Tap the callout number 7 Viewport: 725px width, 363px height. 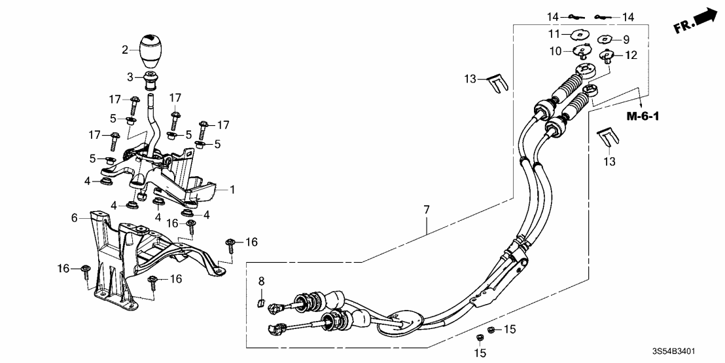tap(426, 210)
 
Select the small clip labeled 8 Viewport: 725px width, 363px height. tap(260, 302)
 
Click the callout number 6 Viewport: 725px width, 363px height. tap(75, 217)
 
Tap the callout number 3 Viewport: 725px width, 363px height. tap(130, 77)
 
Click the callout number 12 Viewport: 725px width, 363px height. tap(631, 55)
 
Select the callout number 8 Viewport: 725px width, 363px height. tap(261, 281)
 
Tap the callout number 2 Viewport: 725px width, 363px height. tap(124, 49)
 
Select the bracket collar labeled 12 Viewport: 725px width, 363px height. tap(607, 56)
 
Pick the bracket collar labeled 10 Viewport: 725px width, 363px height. tap(580, 51)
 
